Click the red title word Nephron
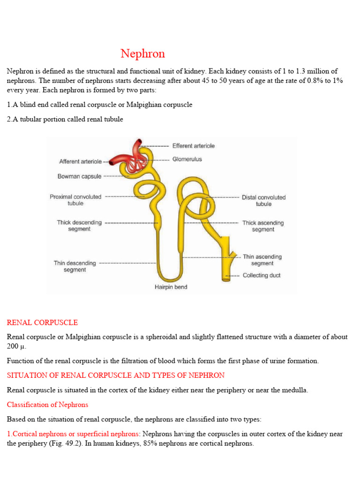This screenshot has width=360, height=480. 142,54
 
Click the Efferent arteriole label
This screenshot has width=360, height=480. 193,146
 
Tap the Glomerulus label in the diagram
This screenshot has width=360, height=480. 187,159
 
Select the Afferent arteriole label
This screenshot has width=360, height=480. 80,162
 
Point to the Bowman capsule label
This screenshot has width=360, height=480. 79,177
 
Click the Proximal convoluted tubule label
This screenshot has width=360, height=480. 75,200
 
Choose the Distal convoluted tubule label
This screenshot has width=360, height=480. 263,201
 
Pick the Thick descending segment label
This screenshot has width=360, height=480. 79,225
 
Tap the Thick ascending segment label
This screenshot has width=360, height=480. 263,226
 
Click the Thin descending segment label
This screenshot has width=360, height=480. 75,266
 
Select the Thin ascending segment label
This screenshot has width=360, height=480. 262,260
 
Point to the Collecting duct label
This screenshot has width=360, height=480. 262,276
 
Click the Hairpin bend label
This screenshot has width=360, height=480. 171,287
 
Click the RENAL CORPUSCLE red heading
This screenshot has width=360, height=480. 42,323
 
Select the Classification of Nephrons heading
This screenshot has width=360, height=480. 47,405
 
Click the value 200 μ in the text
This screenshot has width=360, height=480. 16,346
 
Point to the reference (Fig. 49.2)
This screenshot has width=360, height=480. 52,443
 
